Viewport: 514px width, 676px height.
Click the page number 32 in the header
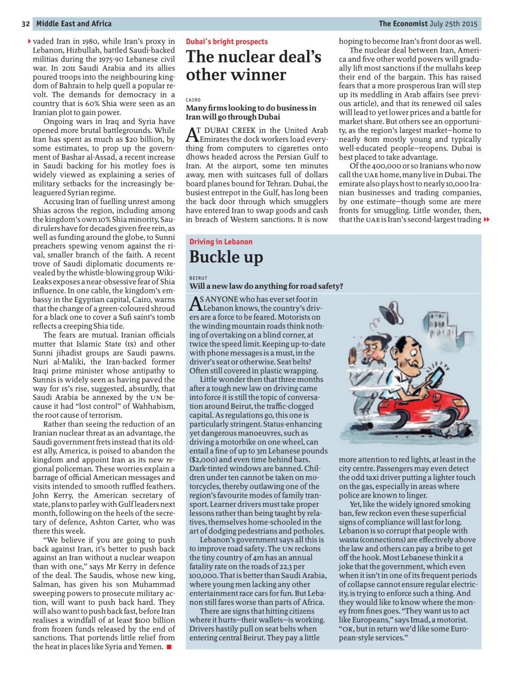point(26,24)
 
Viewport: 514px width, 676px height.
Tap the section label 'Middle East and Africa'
point(74,24)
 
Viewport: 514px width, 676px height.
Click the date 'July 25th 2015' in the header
point(453,24)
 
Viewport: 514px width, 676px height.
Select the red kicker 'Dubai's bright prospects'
point(226,41)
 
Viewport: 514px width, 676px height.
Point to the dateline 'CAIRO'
point(193,100)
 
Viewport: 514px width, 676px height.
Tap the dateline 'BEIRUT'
point(198,278)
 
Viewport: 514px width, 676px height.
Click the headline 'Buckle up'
point(226,258)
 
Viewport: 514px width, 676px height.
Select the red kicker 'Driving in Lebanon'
point(221,242)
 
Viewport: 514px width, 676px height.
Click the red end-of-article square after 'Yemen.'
point(169,647)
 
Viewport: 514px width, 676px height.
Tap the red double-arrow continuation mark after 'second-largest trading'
point(486,220)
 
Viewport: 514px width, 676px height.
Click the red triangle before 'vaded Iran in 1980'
point(29,41)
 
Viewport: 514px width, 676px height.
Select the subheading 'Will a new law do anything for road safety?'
point(266,286)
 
